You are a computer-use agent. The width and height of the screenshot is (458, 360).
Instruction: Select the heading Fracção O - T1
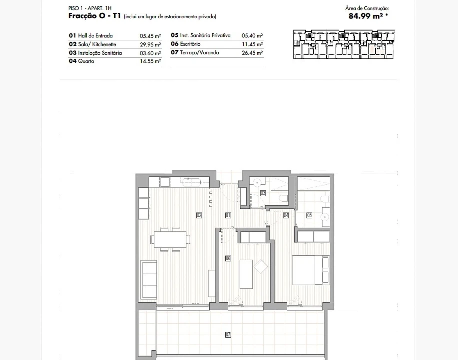(94, 16)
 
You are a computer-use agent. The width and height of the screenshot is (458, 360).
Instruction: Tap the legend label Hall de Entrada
(95, 36)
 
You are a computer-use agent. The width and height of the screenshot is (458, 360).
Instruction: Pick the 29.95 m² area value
(150, 44)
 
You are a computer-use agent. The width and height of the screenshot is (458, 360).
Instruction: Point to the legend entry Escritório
(190, 44)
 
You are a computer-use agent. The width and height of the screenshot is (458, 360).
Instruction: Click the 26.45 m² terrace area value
(252, 53)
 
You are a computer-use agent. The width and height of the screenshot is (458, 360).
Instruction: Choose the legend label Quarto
(86, 61)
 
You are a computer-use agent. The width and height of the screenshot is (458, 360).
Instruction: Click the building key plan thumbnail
(344, 44)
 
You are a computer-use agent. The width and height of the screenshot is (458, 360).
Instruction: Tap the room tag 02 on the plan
(199, 215)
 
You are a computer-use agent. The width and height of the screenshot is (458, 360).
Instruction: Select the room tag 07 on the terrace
(228, 335)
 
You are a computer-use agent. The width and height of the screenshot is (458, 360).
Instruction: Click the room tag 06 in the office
(228, 258)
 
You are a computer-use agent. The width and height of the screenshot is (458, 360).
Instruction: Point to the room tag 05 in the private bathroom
(309, 215)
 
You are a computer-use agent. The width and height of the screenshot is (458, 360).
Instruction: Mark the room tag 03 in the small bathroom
(263, 193)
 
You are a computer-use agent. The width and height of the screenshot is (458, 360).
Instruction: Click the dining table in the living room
(170, 239)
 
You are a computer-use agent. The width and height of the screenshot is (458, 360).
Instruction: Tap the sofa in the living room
(149, 280)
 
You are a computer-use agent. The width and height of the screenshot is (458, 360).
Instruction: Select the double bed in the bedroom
(310, 270)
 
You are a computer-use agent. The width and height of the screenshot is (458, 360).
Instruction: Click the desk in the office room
(246, 274)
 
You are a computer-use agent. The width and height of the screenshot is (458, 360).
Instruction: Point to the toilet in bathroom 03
(283, 198)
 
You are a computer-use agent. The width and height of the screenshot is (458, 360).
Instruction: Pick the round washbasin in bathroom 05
(324, 217)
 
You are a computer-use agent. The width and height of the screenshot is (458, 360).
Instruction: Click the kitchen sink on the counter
(191, 182)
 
